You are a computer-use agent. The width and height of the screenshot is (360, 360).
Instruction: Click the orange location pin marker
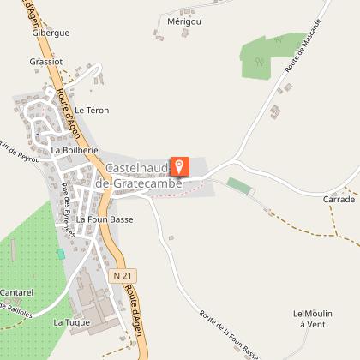click(x=180, y=166)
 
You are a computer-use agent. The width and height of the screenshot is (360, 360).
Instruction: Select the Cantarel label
click(x=16, y=292)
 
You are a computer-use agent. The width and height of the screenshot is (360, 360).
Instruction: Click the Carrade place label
click(x=339, y=199)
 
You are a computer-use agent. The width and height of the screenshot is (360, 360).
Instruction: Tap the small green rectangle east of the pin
click(x=239, y=185)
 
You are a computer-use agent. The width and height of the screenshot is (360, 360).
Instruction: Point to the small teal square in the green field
click(x=61, y=254)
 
